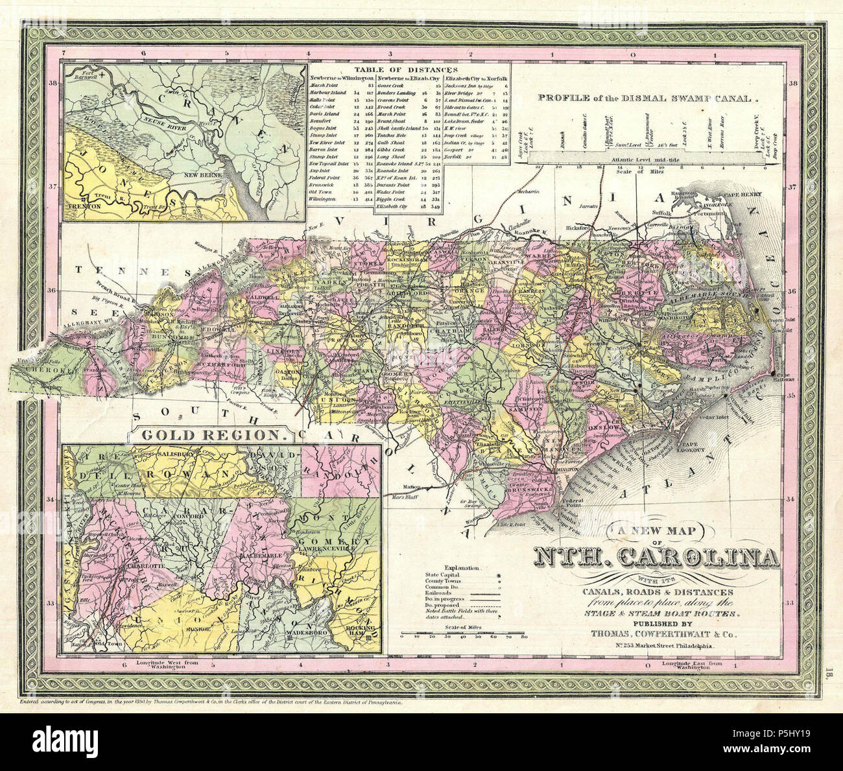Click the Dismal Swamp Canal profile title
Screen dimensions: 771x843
(648, 99)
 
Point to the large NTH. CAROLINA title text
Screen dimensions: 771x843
(656, 558)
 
